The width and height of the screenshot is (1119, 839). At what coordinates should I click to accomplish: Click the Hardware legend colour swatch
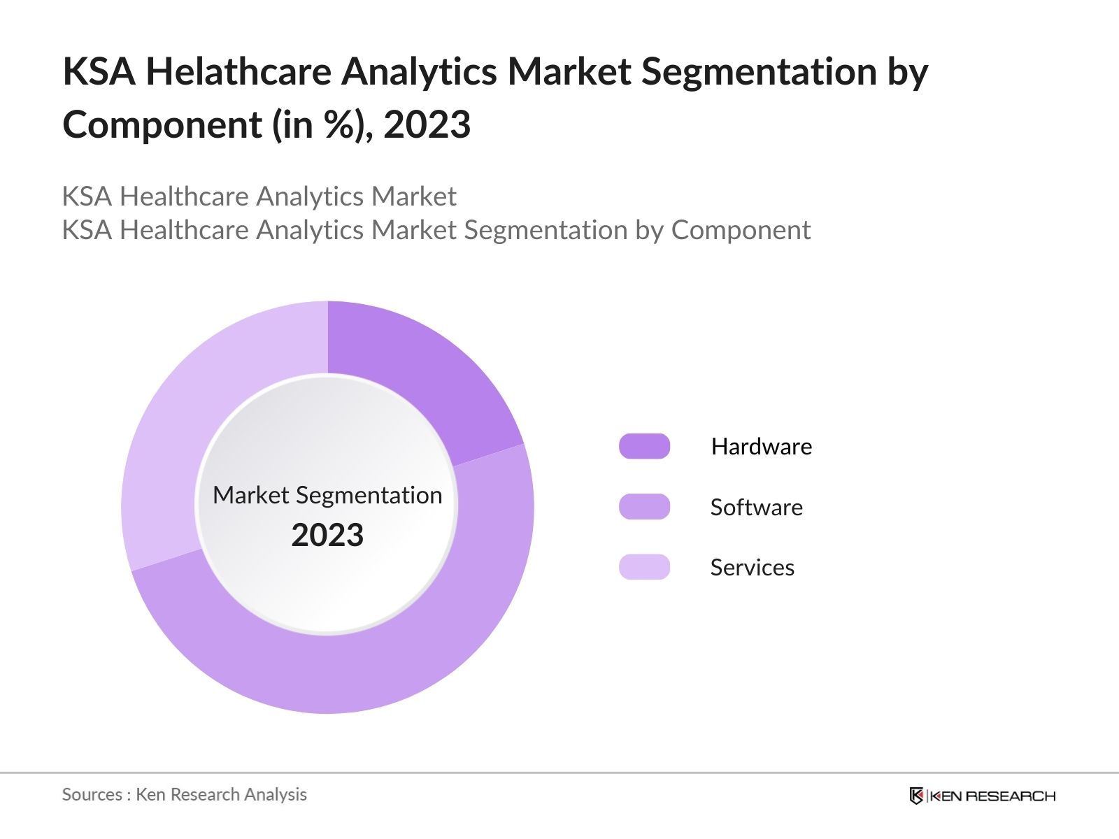click(644, 446)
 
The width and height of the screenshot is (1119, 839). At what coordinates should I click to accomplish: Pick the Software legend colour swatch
click(644, 507)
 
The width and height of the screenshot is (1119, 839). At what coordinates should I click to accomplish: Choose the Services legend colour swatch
click(644, 567)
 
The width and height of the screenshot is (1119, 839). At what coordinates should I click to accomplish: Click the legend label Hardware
click(761, 446)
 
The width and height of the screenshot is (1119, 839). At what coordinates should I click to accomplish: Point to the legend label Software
click(756, 507)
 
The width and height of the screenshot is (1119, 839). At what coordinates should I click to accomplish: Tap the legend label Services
click(752, 567)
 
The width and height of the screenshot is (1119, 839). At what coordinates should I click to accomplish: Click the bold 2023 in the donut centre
click(327, 535)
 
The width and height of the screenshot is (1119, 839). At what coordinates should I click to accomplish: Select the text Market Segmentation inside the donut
click(327, 495)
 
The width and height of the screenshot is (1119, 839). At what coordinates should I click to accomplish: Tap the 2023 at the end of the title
click(427, 125)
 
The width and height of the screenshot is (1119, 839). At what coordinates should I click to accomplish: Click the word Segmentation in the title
click(759, 71)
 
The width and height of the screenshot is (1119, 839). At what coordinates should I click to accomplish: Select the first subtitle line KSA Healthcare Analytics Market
click(259, 196)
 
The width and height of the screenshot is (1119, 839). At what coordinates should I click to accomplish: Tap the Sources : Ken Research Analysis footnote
click(184, 794)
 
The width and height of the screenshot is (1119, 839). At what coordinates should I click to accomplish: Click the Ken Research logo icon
click(916, 796)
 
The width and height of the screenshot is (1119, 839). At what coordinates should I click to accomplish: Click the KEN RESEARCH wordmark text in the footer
click(992, 796)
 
